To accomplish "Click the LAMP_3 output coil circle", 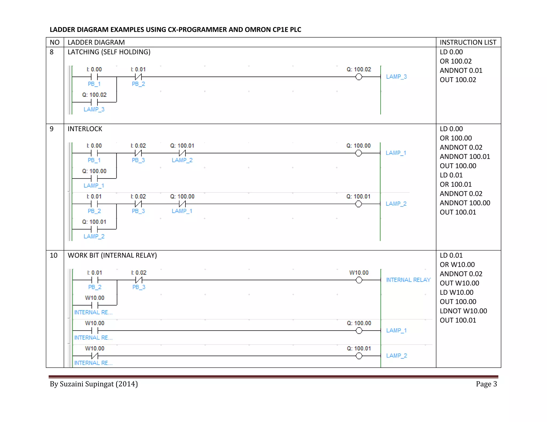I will coord(359,77).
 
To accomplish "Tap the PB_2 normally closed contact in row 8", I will coord(138,77).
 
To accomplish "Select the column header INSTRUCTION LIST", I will coord(468,42).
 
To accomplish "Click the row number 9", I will coord(52,129).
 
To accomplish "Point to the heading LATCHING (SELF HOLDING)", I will coord(109,52).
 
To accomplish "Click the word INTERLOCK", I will coord(85,129).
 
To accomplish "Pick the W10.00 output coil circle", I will coord(359,280).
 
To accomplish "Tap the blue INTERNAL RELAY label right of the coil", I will coord(408,280).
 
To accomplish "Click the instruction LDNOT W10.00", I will coord(463,311).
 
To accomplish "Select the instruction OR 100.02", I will coord(456,61).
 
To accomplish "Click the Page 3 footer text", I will coord(486,384).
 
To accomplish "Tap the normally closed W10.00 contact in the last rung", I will coord(95,356).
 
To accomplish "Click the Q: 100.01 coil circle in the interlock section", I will coord(358,204).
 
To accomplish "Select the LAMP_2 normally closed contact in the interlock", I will coord(182,153).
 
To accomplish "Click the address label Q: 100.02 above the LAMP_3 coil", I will coord(359,69).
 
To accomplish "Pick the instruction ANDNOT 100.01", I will coord(465,157).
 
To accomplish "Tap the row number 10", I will coord(53,256).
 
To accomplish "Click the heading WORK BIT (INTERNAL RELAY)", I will coord(112,256).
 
